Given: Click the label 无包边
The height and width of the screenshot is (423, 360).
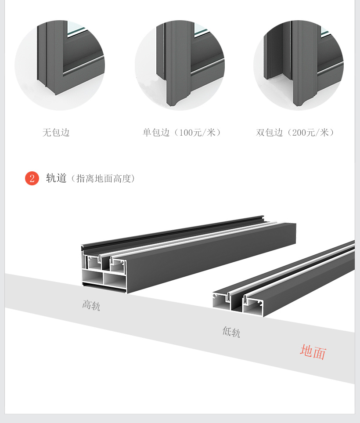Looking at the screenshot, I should [x=56, y=132].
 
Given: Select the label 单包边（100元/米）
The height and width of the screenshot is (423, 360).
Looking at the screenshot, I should [x=181, y=132].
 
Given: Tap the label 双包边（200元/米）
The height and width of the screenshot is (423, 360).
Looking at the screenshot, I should [x=295, y=132].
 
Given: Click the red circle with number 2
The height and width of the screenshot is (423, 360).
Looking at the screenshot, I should [x=32, y=178].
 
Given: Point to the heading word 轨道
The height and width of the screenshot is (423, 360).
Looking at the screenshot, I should [x=56, y=178].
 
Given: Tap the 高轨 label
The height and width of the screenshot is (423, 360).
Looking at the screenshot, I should [x=91, y=305].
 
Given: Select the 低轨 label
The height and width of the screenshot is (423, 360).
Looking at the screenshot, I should [x=231, y=332].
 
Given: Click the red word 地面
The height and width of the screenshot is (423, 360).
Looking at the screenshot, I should [x=313, y=352].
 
